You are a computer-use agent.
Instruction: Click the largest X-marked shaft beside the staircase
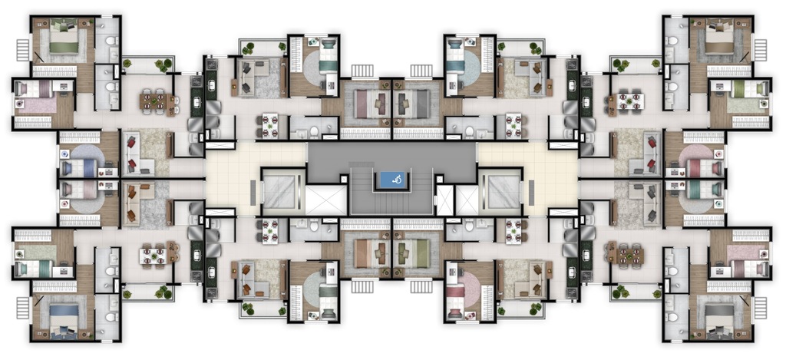click(326, 200)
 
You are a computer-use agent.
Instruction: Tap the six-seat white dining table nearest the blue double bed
click(154, 253)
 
